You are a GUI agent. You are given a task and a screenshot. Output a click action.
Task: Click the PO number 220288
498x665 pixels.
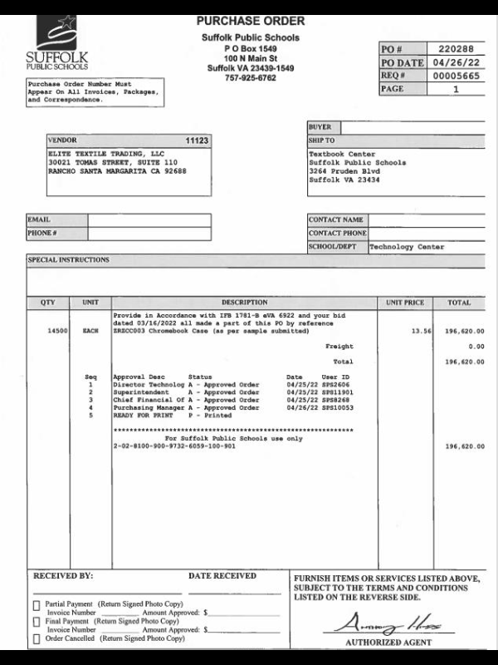coord(455,49)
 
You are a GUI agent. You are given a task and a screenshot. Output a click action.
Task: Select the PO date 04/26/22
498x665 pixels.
coord(455,62)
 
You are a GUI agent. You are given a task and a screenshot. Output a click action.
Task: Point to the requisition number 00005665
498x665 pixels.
coord(455,75)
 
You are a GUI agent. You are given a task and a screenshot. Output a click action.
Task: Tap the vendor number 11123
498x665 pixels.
coord(197,140)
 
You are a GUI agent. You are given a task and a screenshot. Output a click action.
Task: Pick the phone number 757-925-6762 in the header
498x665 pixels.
coord(250,78)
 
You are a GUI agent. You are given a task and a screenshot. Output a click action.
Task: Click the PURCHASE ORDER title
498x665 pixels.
coord(250,21)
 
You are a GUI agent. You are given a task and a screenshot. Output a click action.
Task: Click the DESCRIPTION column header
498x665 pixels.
coord(244,303)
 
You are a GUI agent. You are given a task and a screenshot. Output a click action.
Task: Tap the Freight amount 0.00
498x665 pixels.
coord(476,346)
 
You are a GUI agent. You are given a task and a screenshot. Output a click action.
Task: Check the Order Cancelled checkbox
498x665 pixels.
coord(36,638)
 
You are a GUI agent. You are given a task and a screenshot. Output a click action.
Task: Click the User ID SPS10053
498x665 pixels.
coord(336,408)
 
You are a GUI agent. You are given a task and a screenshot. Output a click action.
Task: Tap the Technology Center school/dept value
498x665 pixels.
coord(407,247)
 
